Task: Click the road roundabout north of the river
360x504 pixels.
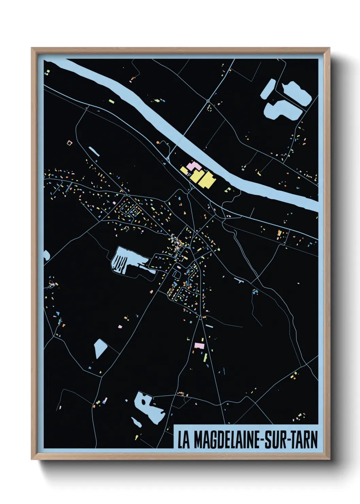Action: click(208, 101)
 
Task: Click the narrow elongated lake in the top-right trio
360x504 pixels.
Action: click(268, 89)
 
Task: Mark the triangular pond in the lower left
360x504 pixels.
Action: click(100, 348)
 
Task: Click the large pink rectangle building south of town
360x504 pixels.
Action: click(199, 346)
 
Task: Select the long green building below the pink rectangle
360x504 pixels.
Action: click(206, 358)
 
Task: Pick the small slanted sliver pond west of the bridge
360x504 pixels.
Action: click(94, 152)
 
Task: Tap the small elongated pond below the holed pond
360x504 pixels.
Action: click(136, 422)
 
